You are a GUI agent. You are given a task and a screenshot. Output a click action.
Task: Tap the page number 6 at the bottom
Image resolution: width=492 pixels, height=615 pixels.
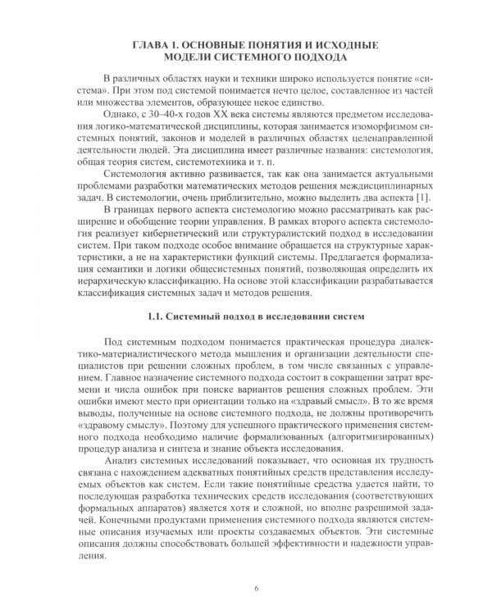(256, 588)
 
